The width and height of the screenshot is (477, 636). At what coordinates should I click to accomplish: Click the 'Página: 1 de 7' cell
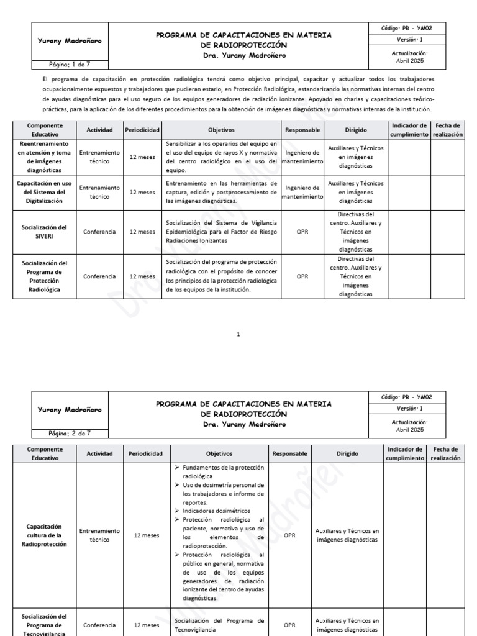(x=70, y=64)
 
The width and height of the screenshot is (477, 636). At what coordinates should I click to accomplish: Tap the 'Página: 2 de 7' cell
(x=70, y=433)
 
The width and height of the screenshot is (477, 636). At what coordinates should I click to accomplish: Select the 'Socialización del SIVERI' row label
(x=44, y=232)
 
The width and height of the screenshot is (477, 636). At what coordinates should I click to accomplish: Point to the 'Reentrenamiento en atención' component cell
(x=44, y=157)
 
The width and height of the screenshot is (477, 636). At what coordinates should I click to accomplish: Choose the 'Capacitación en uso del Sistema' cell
(x=44, y=192)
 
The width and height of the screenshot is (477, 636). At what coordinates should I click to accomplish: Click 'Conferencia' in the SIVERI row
(x=99, y=232)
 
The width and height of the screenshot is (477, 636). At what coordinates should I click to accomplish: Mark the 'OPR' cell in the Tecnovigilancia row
(x=289, y=625)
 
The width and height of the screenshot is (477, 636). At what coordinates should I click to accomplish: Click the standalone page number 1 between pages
(x=238, y=335)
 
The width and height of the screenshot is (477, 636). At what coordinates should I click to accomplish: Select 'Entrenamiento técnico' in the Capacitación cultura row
(x=99, y=535)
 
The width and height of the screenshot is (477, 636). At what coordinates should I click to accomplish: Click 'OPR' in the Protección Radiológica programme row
(x=302, y=276)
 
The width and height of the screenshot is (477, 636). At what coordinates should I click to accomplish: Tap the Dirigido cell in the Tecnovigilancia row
(x=347, y=625)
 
